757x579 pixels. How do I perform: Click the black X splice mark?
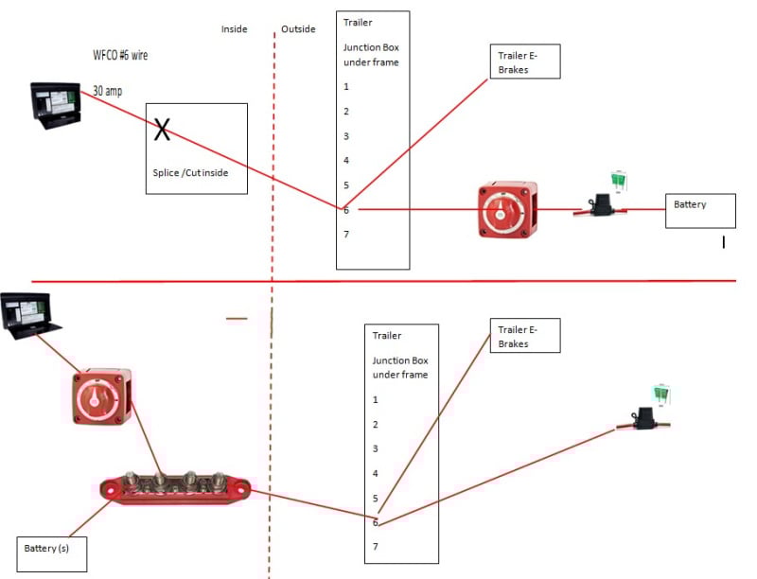point(163,130)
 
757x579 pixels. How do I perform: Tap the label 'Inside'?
point(234,29)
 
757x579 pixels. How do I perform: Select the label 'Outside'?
point(298,29)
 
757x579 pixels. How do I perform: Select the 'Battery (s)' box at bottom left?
point(52,553)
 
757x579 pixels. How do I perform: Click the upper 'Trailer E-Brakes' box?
point(524,62)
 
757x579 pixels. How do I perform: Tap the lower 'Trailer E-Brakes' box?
point(524,336)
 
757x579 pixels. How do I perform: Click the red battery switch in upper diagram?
point(508,209)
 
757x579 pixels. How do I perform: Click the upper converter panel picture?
point(55,104)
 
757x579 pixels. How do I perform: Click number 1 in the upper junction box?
point(346,87)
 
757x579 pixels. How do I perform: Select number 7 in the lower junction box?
point(376,547)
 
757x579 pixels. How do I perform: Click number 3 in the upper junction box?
point(346,136)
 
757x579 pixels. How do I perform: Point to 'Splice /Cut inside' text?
point(190,173)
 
